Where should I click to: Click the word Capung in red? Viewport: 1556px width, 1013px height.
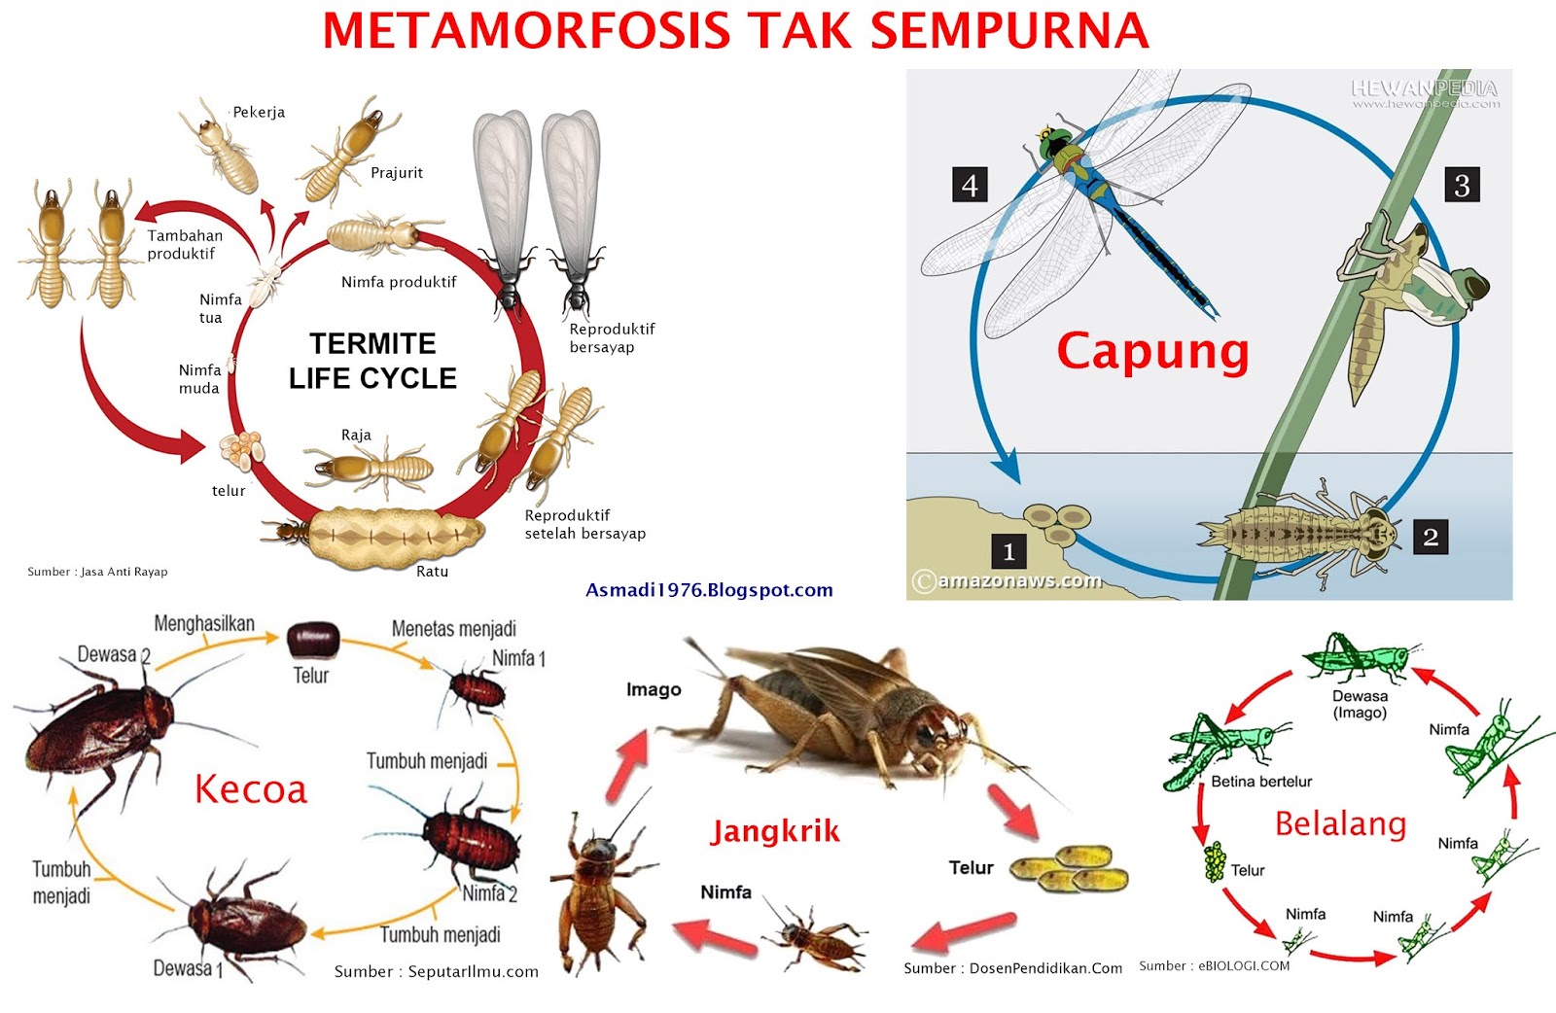click(1152, 351)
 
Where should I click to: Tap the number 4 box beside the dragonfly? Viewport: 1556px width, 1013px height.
click(970, 185)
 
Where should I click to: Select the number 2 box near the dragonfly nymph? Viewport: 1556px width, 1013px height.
click(1430, 537)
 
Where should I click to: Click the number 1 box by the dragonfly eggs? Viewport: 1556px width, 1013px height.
click(1008, 552)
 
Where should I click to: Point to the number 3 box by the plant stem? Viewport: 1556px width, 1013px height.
click(1462, 185)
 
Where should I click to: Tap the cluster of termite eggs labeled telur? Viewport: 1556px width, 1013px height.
click(241, 447)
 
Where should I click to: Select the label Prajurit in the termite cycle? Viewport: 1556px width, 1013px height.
click(397, 173)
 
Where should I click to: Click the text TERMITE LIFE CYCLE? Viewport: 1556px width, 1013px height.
click(372, 361)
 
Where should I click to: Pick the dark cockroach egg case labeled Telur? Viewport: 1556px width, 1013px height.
click(312, 640)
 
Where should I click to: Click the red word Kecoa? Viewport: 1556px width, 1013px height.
click(251, 789)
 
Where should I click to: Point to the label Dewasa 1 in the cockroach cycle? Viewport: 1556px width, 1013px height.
click(188, 968)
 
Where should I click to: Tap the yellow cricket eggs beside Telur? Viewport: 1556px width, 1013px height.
click(1070, 867)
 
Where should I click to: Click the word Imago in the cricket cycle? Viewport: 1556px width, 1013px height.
click(654, 689)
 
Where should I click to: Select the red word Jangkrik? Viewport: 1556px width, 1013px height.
click(775, 831)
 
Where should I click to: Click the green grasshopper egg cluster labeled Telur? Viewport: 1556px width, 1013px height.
click(1215, 861)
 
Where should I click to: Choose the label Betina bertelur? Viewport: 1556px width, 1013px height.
click(1261, 782)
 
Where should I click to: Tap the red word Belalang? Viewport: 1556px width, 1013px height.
click(1340, 824)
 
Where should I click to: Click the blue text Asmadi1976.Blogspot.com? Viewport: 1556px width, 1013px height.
click(709, 590)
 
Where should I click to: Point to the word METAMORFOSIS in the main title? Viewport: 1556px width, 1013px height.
click(526, 31)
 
